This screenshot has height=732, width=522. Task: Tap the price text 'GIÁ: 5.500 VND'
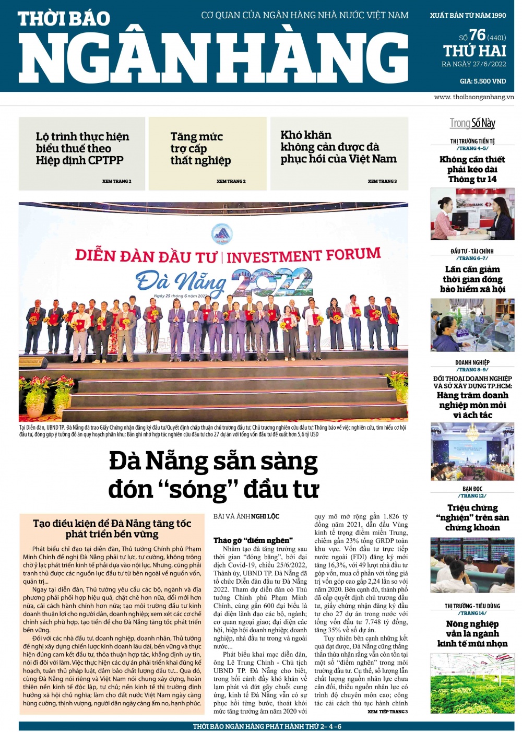pyautogui.click(x=483, y=81)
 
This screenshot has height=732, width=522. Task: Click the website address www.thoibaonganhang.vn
pyautogui.click(x=473, y=97)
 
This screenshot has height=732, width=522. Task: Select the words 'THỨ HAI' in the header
pyautogui.click(x=474, y=51)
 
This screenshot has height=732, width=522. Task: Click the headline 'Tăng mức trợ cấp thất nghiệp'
pyautogui.click(x=200, y=148)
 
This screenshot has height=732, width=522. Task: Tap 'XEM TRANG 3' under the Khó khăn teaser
pyautogui.click(x=382, y=181)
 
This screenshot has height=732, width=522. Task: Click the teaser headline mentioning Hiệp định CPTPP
pyautogui.click(x=82, y=148)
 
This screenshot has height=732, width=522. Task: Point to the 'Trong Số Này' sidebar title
pyautogui.click(x=472, y=123)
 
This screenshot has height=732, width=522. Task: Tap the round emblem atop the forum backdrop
pyautogui.click(x=221, y=233)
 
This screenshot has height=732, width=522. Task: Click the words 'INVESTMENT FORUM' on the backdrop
pyautogui.click(x=303, y=256)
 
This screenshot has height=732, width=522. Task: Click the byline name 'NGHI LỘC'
pyautogui.click(x=265, y=516)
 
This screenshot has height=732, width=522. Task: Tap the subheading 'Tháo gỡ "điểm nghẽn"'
pyautogui.click(x=253, y=540)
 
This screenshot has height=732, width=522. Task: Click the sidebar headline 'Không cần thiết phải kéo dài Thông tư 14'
pyautogui.click(x=472, y=169)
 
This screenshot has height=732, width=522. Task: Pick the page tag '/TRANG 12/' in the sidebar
pyautogui.click(x=472, y=495)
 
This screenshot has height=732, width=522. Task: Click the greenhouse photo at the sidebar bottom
pyautogui.click(x=472, y=684)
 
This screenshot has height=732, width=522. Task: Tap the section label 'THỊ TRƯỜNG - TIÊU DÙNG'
pyautogui.click(x=472, y=606)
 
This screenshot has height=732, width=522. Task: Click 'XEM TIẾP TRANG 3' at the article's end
pyautogui.click(x=387, y=712)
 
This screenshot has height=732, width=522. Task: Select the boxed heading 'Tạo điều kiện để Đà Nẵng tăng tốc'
pyautogui.click(x=112, y=524)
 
